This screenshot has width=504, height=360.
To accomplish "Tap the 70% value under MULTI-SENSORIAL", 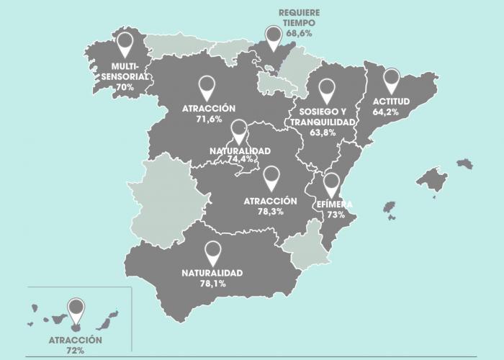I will (125, 87).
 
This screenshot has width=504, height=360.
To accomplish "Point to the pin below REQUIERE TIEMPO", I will (273, 36).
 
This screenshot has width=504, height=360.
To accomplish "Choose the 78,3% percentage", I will (270, 212).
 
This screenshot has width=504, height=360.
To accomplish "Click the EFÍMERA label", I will (334, 204).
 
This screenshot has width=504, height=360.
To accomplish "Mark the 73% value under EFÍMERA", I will (330, 215).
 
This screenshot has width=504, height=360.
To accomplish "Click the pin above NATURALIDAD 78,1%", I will (212, 253).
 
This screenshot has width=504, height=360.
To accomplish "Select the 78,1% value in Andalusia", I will (212, 284).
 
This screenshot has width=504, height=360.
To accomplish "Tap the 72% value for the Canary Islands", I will (76, 350).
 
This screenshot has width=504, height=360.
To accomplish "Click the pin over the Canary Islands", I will (75, 310).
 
